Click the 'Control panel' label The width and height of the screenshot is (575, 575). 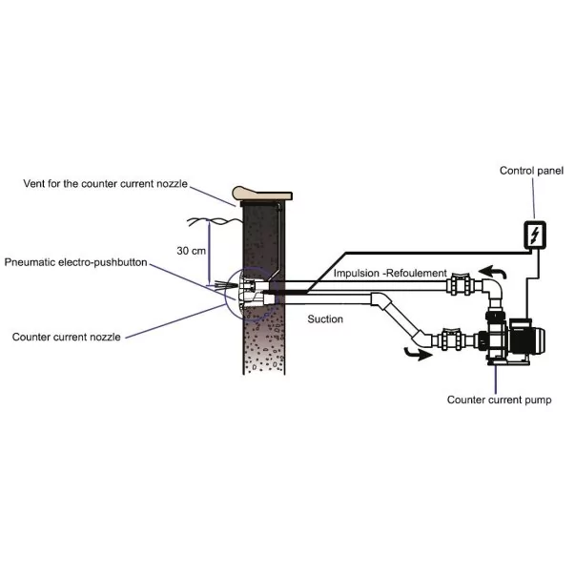click(531, 171)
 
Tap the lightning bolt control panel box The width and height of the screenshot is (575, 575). click(535, 235)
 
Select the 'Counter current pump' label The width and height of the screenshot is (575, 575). click(499, 400)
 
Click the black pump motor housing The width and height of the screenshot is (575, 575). click(526, 337)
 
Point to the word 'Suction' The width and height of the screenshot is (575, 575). click(325, 319)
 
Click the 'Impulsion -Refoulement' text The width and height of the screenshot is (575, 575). click(390, 274)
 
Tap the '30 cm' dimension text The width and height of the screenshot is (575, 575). click(191, 251)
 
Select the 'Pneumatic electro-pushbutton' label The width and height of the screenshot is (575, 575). click(76, 262)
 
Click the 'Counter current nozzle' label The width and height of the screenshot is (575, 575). click(67, 337)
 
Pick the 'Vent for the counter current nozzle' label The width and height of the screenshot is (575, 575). click(106, 184)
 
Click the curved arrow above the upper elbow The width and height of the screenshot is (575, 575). click(493, 272)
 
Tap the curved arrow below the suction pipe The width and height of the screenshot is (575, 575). click(418, 354)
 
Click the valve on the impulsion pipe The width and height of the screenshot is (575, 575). click(461, 284)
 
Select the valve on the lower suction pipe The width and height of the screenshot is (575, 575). click(456, 339)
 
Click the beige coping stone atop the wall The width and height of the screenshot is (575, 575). click(262, 194)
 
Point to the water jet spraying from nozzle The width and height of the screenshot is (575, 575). click(222, 284)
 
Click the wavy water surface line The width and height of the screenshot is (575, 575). click(216, 221)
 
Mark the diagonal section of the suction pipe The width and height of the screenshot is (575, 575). click(402, 319)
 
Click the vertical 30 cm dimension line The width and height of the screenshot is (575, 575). click(210, 253)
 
